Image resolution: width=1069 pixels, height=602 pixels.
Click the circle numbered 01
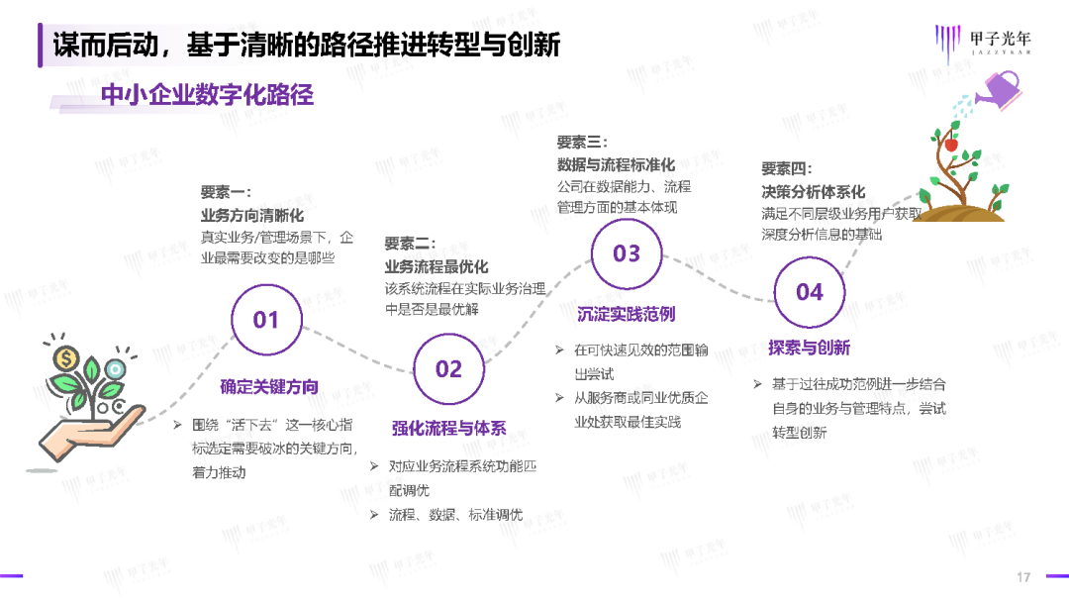coord(266,320)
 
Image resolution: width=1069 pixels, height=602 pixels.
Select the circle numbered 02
coord(448,368)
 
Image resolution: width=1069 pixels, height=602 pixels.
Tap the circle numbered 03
coord(627,253)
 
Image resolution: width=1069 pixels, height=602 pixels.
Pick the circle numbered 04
coord(809,292)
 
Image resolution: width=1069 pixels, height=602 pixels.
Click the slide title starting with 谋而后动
coord(307,46)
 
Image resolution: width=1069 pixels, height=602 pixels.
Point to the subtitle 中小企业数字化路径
coord(207,94)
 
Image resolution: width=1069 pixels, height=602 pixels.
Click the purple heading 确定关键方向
coord(269,387)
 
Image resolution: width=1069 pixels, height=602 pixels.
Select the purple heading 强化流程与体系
coord(448,428)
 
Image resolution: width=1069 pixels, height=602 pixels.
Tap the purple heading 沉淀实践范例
coord(626,314)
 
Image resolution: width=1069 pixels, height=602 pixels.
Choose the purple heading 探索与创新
coord(809,348)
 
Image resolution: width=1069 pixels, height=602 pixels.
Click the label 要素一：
coord(227,192)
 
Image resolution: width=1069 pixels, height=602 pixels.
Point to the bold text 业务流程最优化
coord(437,266)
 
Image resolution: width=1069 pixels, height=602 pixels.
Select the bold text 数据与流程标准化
coord(616,164)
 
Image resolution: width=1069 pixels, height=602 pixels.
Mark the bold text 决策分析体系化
coord(814,191)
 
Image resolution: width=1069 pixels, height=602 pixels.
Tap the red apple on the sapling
coord(951,145)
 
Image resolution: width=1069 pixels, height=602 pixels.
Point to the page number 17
coord(1024,577)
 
